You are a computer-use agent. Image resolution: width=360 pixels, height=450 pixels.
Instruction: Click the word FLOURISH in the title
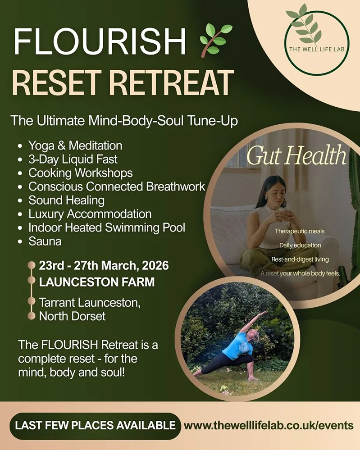click(x=100, y=41)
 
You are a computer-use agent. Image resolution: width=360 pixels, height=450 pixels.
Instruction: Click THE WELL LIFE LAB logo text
click(x=317, y=49)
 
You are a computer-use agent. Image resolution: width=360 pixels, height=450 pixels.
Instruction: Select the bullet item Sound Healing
click(x=66, y=200)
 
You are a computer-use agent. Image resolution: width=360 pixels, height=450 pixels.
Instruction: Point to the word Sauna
click(x=45, y=241)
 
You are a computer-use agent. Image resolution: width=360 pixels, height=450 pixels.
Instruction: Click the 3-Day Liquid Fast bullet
click(x=73, y=159)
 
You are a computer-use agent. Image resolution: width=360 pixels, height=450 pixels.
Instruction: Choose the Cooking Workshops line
click(x=80, y=173)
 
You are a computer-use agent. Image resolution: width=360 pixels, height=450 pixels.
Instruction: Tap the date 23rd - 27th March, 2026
click(x=104, y=266)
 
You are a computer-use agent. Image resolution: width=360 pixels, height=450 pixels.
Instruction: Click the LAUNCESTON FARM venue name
click(x=97, y=282)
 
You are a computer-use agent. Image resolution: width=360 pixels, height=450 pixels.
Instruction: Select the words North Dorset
click(x=73, y=316)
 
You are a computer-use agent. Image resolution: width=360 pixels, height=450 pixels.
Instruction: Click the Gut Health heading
click(x=296, y=155)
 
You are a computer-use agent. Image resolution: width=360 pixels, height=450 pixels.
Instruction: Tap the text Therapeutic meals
click(x=300, y=232)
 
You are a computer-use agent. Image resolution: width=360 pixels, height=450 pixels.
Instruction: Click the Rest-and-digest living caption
click(x=300, y=259)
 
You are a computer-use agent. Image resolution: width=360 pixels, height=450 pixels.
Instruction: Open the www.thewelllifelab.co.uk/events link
click(x=269, y=426)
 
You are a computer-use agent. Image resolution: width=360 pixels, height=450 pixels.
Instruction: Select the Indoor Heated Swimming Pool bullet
click(x=107, y=227)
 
